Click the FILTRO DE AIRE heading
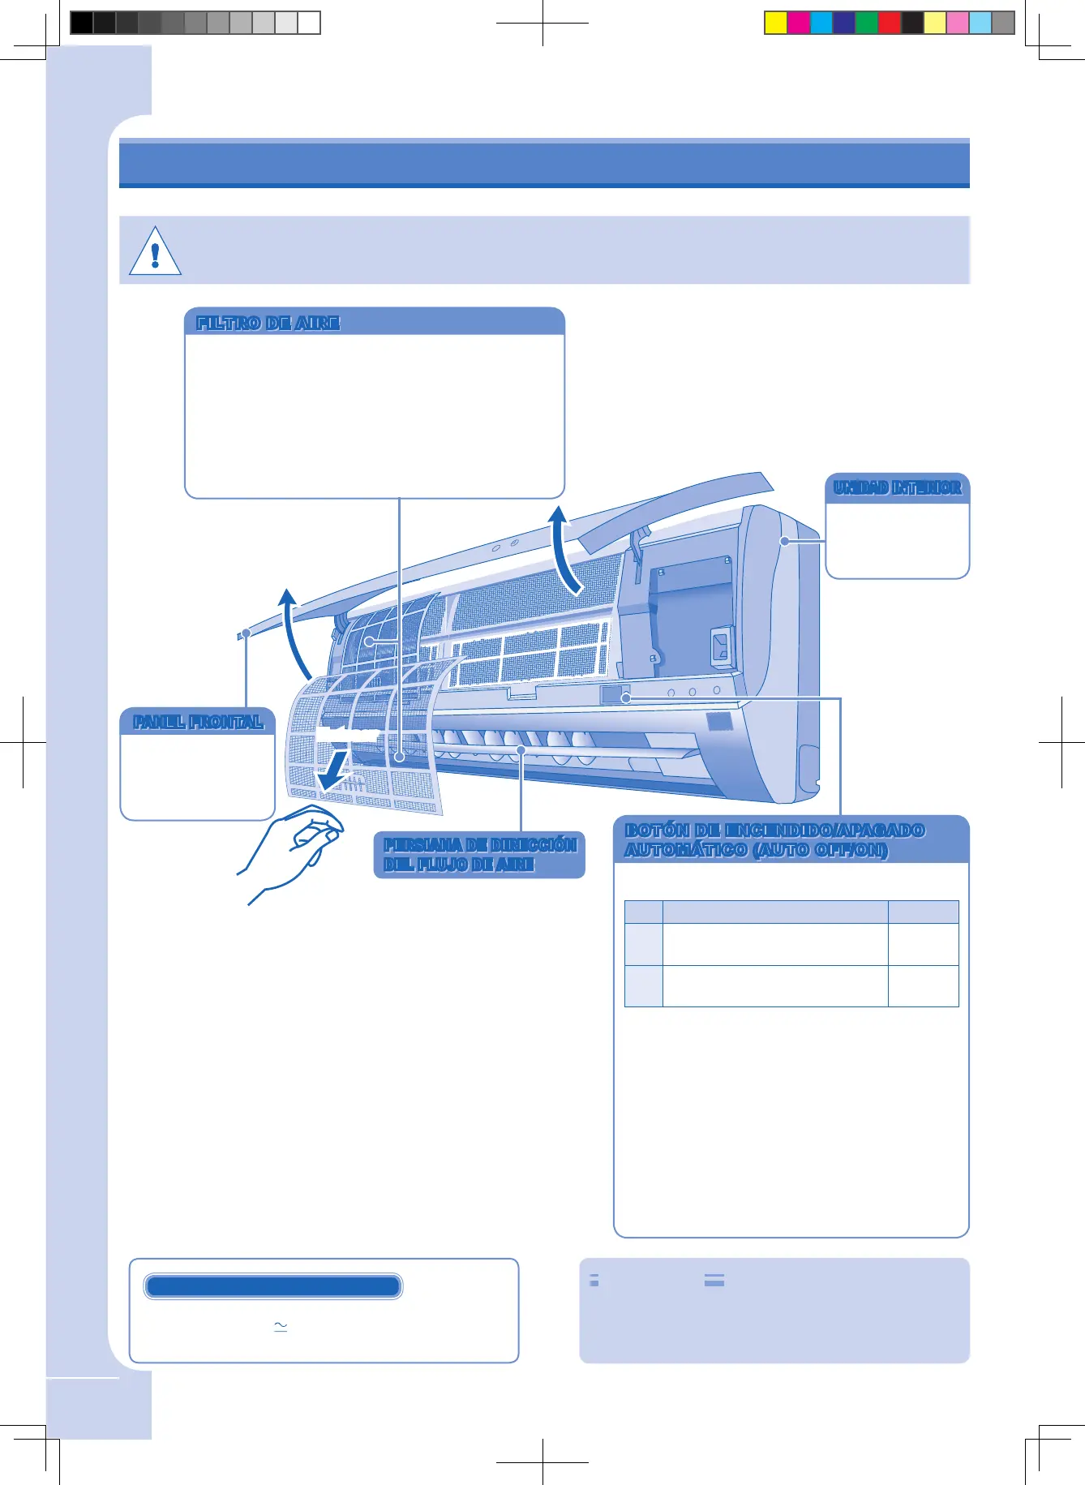[268, 323]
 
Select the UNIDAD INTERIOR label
[897, 487]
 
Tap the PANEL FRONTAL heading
[198, 722]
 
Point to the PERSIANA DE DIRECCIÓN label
[479, 846]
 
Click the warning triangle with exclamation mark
[155, 251]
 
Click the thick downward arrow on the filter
[334, 771]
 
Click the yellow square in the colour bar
[776, 23]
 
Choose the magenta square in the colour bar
[799, 23]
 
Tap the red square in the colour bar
[890, 23]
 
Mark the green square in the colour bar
[867, 23]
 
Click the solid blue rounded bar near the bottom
[273, 1286]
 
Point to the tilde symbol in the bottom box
[281, 1326]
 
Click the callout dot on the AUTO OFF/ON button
[626, 697]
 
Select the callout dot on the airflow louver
[521, 751]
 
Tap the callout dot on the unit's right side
[784, 541]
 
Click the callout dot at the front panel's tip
[246, 633]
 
